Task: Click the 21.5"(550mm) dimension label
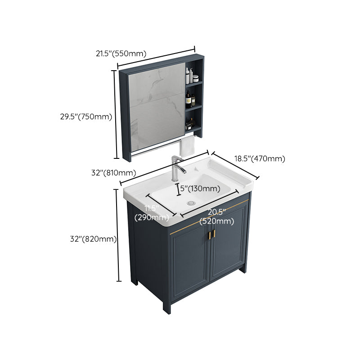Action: [x=121, y=54]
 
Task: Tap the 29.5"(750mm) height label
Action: [x=86, y=117]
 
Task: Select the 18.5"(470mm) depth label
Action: [x=259, y=158]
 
